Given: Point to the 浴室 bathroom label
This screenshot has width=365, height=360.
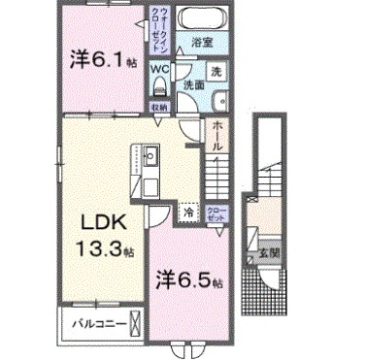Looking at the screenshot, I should [x=202, y=43].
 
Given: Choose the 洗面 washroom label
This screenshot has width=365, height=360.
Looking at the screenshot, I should [x=194, y=85].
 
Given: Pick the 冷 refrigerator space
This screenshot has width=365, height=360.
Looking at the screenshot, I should [x=188, y=209].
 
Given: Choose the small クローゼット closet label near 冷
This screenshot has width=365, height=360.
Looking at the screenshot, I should [x=216, y=213].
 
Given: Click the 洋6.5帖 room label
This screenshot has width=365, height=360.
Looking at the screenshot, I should [x=189, y=281].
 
